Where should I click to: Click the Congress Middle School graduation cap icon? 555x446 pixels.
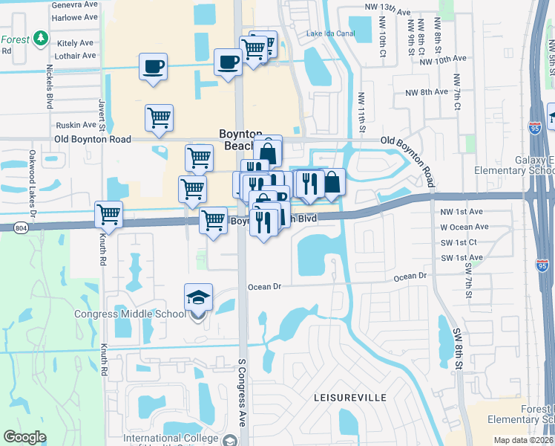(198, 298)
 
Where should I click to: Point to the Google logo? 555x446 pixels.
(24, 437)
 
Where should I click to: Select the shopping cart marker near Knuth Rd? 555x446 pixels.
(109, 215)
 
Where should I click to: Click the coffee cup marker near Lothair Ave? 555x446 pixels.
(154, 67)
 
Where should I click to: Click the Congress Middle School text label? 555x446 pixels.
(130, 314)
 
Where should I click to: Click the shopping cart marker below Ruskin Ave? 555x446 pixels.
(159, 117)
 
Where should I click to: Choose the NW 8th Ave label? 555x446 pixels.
(427, 92)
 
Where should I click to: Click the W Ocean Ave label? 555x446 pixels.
(464, 227)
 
